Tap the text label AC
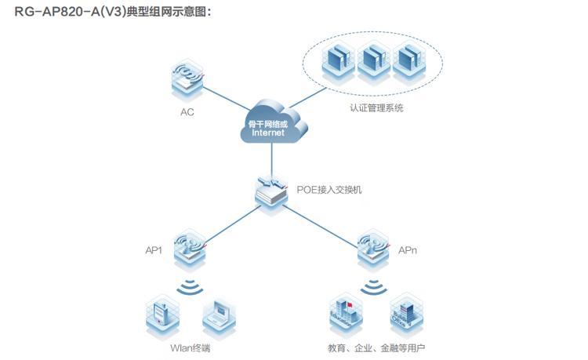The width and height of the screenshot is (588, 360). coord(187,111)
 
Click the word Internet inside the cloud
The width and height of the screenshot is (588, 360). coord(268,133)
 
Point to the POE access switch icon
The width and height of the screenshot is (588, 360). coord(272,191)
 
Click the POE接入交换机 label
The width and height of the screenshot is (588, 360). coord(329,190)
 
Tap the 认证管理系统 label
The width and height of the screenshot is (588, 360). coord(377,108)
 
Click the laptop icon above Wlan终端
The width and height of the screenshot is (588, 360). coord(219,314)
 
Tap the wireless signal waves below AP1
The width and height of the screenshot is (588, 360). coord(190,286)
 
